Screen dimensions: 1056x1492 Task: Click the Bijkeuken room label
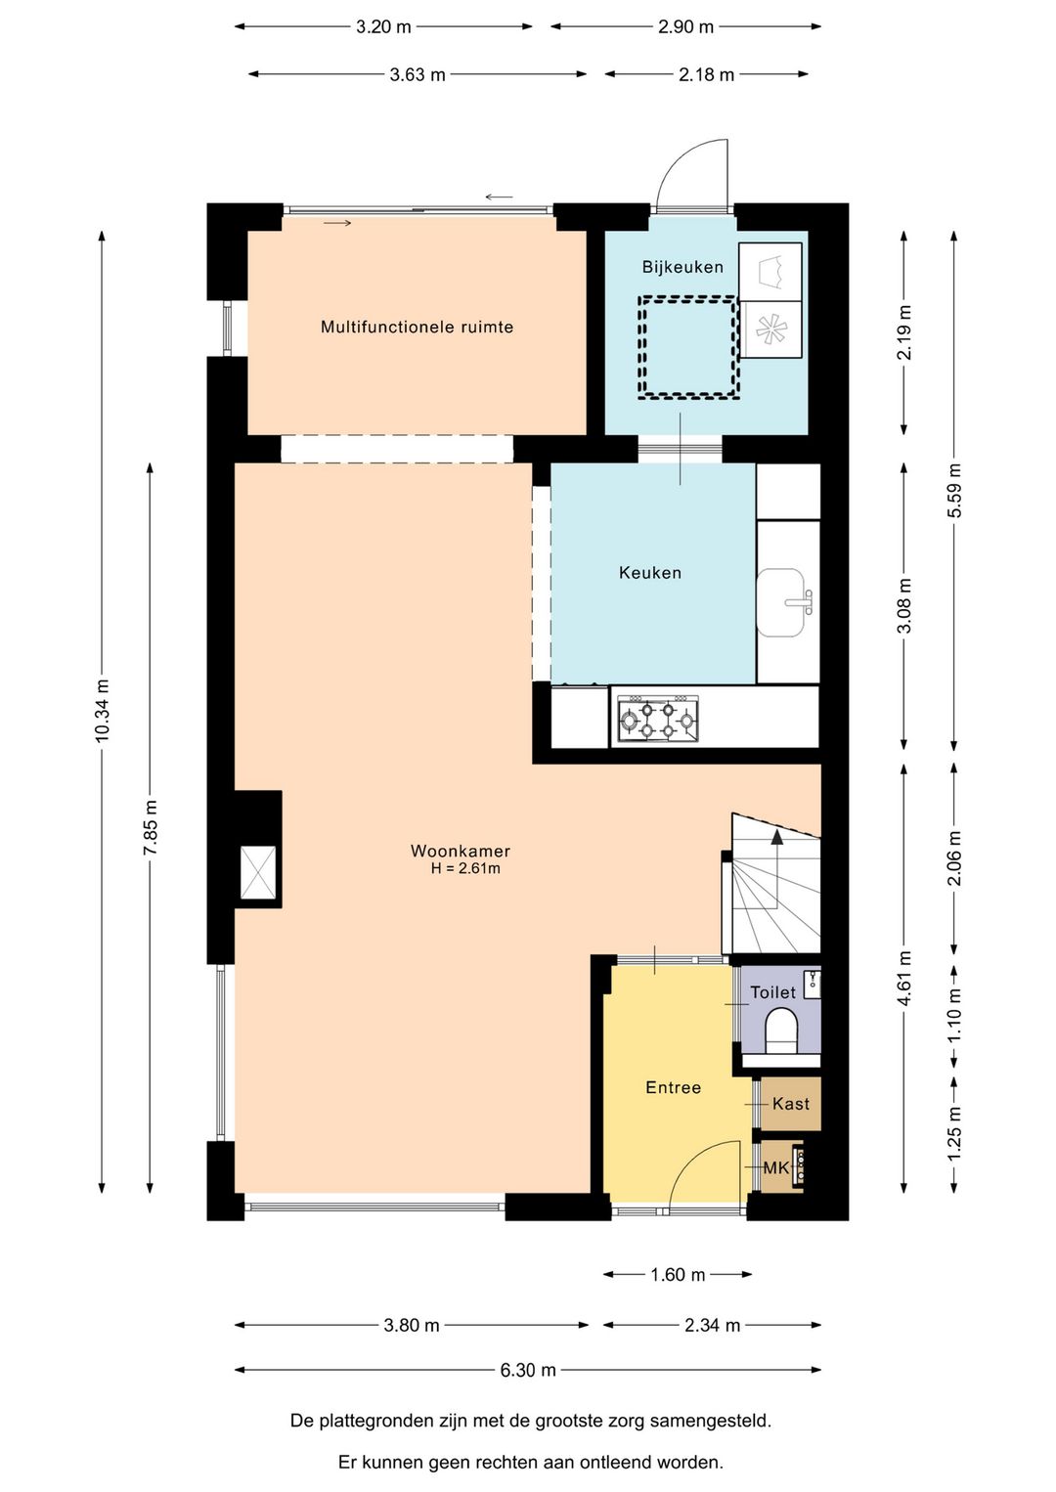tap(682, 267)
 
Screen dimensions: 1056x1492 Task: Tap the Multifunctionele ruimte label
tap(418, 327)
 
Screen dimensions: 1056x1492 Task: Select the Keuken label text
tap(650, 573)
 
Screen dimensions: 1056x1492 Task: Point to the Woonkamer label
tap(461, 851)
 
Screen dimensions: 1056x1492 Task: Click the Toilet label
tap(772, 992)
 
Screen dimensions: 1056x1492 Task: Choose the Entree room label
tap(674, 1087)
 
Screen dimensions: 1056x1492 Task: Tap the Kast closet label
tap(791, 1104)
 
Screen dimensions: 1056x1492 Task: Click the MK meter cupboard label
tap(775, 1167)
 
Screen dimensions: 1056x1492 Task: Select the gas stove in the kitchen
tap(658, 719)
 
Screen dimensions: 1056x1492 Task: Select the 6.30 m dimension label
tap(528, 1370)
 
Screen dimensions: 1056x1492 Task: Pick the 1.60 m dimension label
tap(678, 1274)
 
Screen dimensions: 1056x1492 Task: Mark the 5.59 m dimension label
tap(954, 490)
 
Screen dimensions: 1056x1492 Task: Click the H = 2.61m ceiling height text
tap(465, 868)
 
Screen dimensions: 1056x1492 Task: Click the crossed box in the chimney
tap(258, 872)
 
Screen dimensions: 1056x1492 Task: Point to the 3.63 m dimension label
tap(418, 74)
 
